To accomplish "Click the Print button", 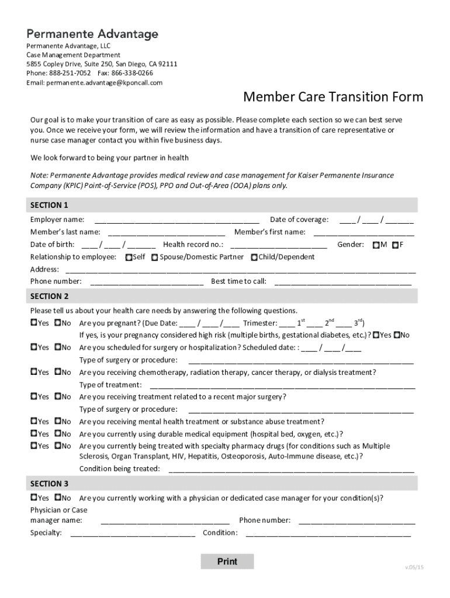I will (227, 561).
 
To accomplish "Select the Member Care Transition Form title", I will (333, 96).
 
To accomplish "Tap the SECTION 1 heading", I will (50, 205).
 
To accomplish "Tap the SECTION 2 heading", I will (50, 296).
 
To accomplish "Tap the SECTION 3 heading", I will (50, 484).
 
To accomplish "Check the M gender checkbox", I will (376, 245).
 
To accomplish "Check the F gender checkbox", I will (396, 245).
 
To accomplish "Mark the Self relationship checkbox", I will (129, 257).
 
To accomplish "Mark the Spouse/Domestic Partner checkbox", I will (154, 257).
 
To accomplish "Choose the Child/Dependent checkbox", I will (254, 257).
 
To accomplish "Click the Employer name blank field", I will (176, 220).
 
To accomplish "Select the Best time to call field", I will (342, 281).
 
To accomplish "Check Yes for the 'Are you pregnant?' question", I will (34, 323).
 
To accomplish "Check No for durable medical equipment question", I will (58, 434).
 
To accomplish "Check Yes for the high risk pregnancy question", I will (377, 335).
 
